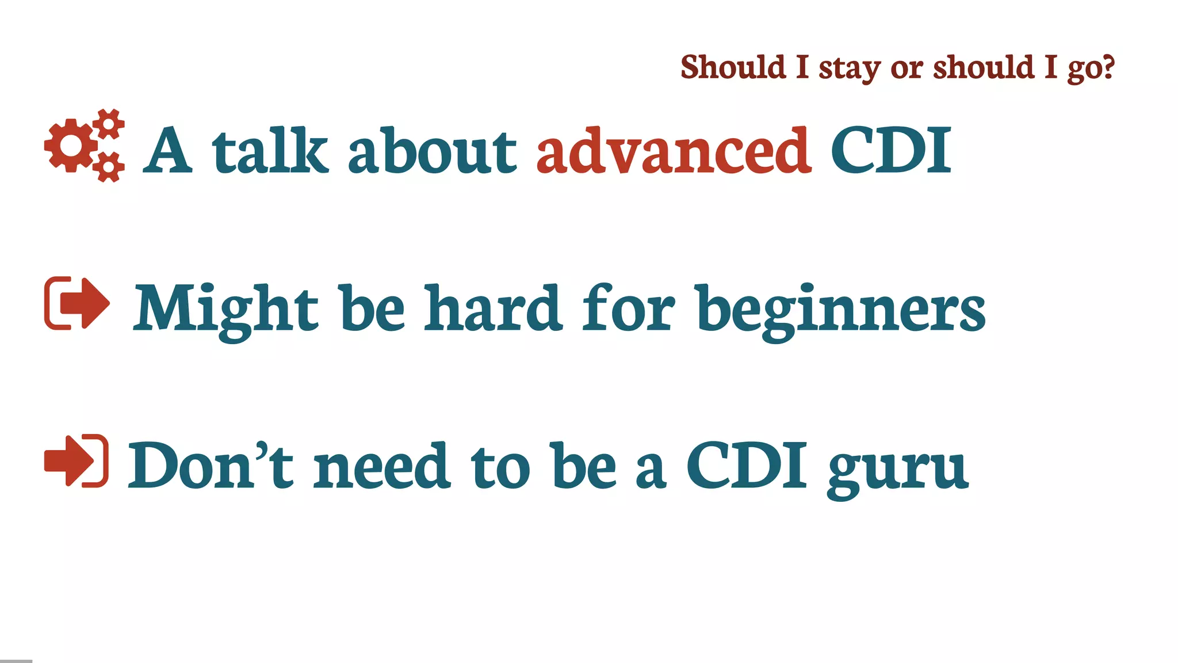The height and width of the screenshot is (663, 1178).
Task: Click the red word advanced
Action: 674,151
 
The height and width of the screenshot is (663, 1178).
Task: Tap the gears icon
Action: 85,146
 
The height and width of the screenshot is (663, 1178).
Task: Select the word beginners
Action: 841,310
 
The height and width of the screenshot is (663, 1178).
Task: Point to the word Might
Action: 225,310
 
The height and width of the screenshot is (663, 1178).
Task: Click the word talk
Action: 270,151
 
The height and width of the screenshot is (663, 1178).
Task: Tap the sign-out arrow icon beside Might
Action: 77,303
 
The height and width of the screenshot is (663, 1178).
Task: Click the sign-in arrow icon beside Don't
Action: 77,461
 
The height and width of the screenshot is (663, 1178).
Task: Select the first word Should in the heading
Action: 733,67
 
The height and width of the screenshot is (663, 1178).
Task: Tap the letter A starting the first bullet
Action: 167,151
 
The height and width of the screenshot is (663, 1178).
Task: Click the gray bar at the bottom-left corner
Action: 16,661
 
